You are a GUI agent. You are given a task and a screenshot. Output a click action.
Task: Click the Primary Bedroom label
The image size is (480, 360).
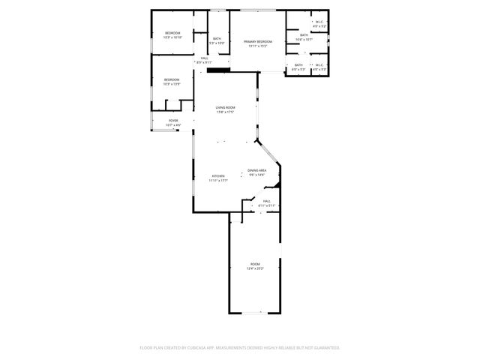(257, 41)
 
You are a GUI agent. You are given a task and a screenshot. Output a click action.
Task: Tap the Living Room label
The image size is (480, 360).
(226, 108)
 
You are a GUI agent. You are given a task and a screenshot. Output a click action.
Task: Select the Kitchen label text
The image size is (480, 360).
(217, 176)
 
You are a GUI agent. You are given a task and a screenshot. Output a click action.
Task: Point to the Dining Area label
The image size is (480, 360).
(257, 170)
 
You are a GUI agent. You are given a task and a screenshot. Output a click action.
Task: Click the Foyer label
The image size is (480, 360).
(172, 120)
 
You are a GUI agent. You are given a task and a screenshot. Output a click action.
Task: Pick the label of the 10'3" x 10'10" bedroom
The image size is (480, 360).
(172, 33)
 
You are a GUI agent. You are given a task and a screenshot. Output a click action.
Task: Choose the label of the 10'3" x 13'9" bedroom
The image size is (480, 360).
(172, 79)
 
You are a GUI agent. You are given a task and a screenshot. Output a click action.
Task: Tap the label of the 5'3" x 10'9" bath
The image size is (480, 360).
(217, 39)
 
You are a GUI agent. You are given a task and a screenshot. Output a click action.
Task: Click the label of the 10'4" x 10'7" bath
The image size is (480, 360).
(304, 35)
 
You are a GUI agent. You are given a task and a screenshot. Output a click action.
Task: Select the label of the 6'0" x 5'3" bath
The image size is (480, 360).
(298, 65)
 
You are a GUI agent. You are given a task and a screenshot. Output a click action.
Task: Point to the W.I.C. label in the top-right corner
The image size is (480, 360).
(319, 22)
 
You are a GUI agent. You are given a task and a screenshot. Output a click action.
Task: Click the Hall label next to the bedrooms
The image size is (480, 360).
(204, 58)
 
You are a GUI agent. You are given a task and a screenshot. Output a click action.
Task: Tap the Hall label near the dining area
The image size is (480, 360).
(266, 200)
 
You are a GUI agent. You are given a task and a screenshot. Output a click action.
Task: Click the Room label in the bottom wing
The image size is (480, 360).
(255, 264)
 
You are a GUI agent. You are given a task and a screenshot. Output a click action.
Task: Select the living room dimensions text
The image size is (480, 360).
(226, 112)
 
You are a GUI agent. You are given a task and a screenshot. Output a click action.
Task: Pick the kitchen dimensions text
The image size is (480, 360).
(217, 181)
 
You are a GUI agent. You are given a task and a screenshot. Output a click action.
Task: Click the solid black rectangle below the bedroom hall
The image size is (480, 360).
(217, 70)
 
